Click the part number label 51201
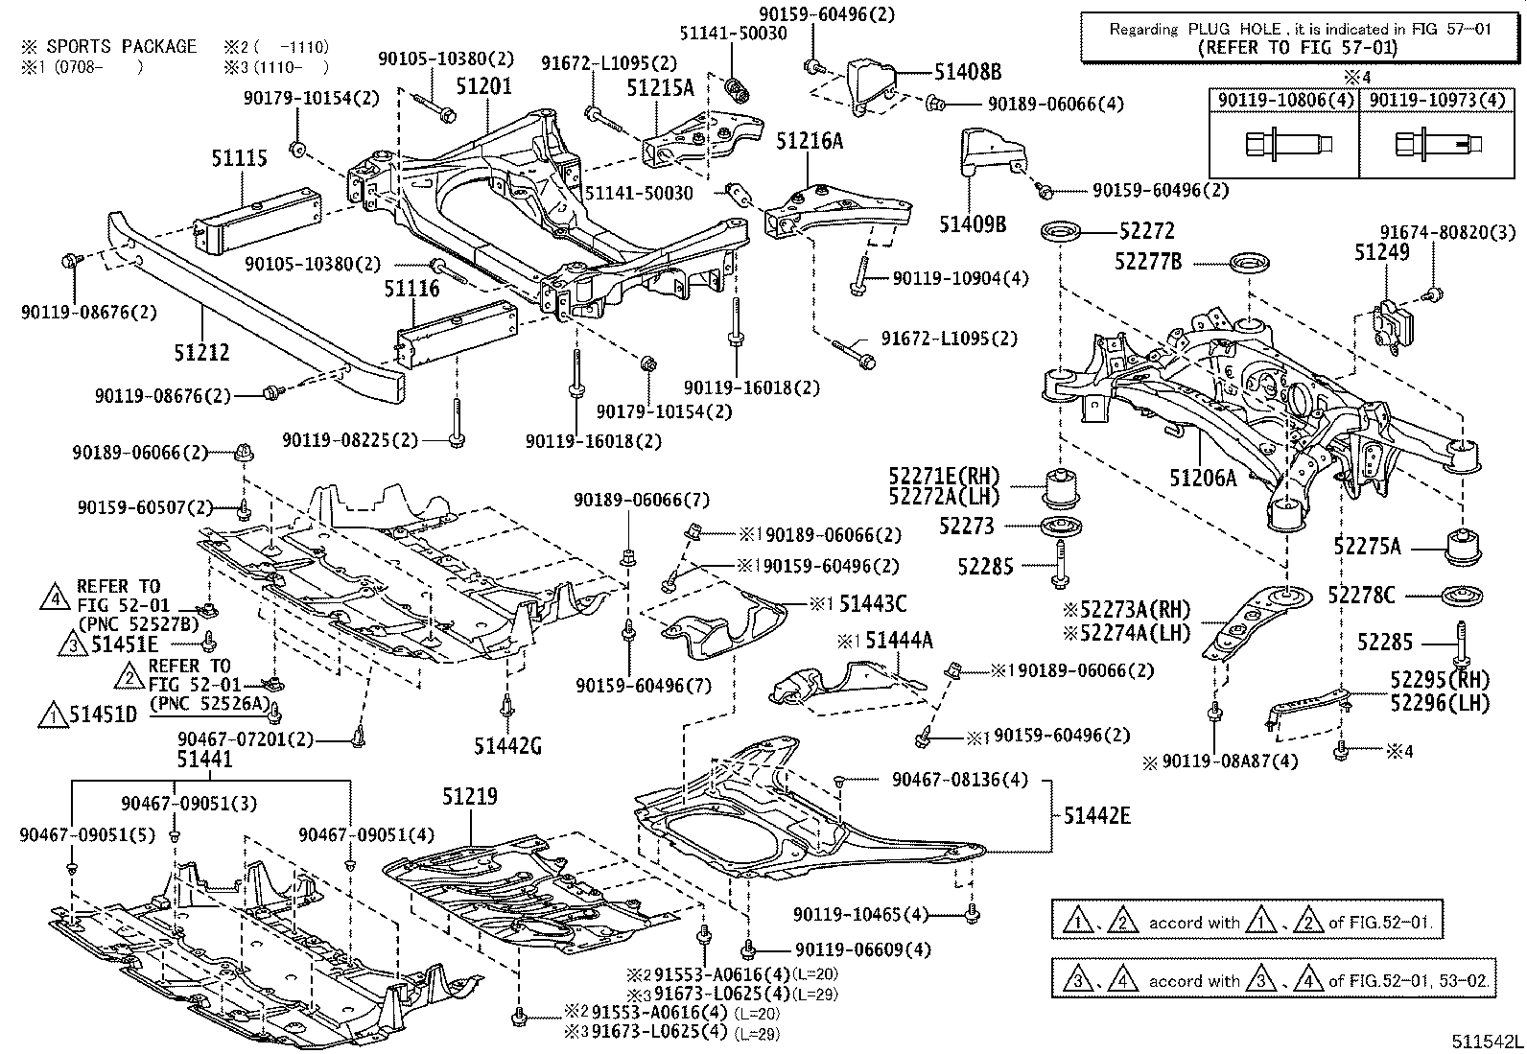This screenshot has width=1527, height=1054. point(483,87)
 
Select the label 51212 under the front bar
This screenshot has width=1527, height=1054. point(201,353)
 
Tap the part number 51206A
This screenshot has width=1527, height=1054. point(1203,477)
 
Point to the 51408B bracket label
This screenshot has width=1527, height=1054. point(969,71)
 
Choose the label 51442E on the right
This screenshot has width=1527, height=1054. point(1096,816)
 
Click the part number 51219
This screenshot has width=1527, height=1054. point(470,797)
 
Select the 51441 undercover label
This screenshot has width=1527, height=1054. point(203,760)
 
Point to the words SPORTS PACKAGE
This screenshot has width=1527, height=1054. point(122,46)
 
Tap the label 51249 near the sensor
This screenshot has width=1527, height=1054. point(1382,252)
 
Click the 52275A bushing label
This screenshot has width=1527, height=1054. point(1367,547)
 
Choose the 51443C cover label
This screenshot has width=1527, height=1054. point(872,603)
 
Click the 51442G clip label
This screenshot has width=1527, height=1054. point(507,743)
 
